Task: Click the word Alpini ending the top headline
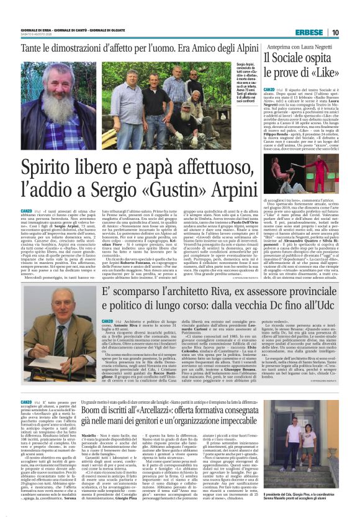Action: pyautogui.click(x=238, y=47)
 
